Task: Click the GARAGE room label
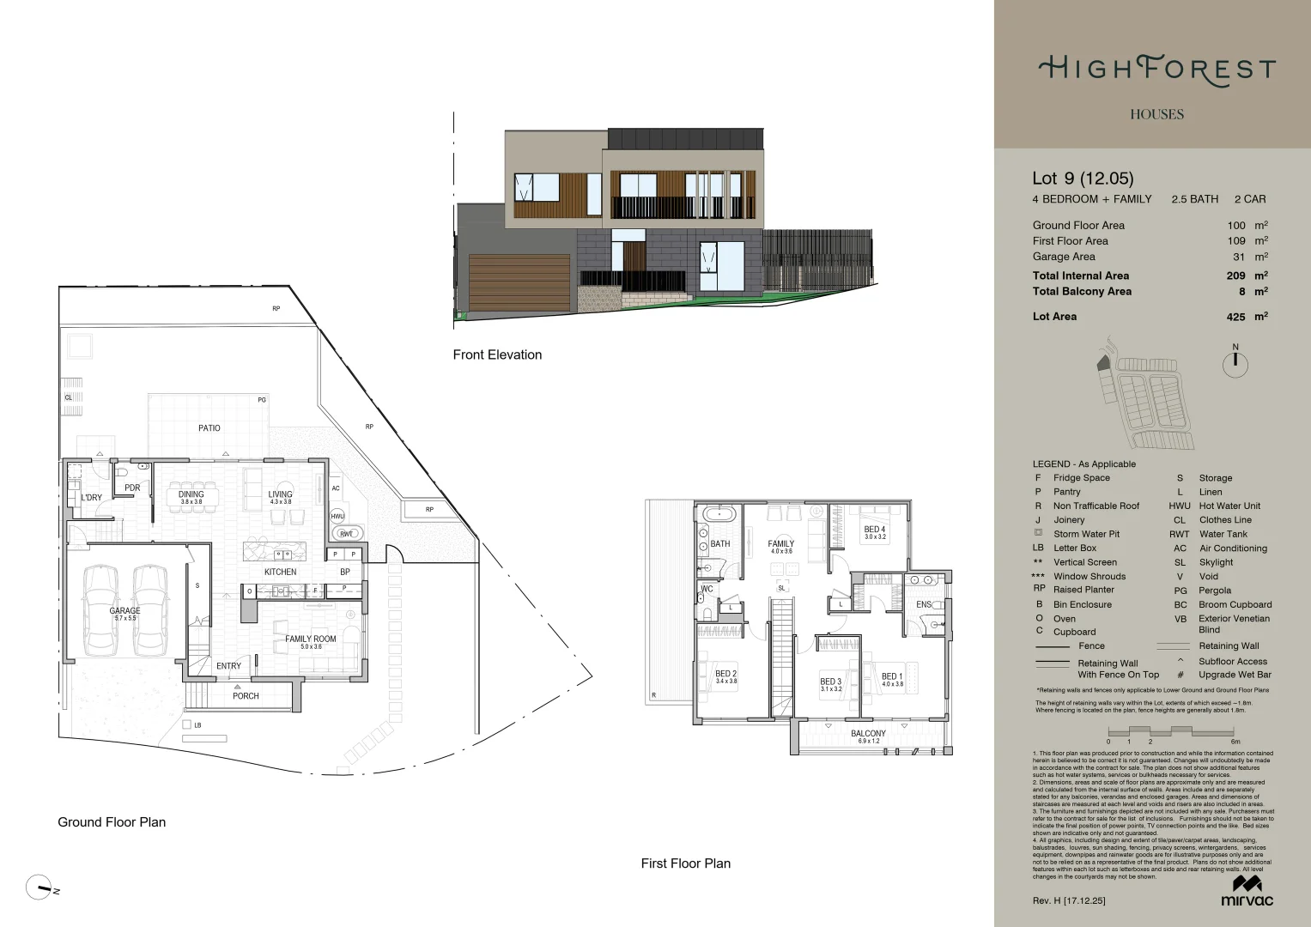click(x=124, y=611)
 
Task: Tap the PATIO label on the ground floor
click(x=209, y=427)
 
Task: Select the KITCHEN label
click(x=280, y=572)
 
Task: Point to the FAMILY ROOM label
click(x=311, y=639)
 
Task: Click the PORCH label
click(x=246, y=696)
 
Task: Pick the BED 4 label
click(x=874, y=530)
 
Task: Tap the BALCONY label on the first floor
click(x=868, y=734)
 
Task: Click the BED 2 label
click(x=725, y=674)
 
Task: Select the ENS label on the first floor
click(x=924, y=604)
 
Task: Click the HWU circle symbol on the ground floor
click(x=337, y=517)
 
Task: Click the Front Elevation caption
click(x=497, y=354)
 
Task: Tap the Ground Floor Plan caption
click(x=112, y=822)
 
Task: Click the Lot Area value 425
click(x=1235, y=317)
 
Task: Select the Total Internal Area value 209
click(x=1235, y=276)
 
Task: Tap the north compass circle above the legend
click(x=1235, y=364)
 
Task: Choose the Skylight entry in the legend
click(x=1216, y=562)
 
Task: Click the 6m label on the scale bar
click(x=1235, y=742)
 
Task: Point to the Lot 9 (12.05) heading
click(x=1083, y=179)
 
